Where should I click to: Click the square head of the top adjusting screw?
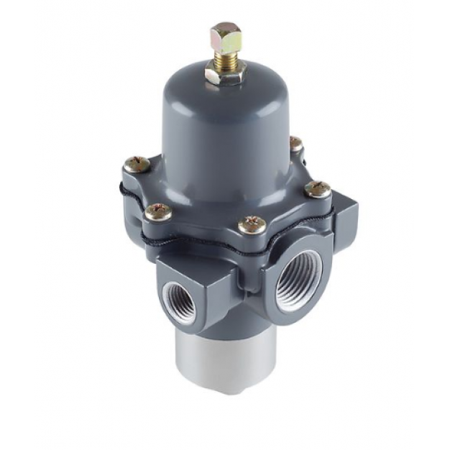point(226,37)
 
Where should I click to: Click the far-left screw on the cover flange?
point(136,164)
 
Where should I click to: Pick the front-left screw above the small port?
point(158,211)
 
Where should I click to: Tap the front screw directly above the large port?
point(252,224)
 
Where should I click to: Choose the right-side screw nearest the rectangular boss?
point(317,189)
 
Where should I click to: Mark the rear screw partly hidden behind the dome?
point(295,144)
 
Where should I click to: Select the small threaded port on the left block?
point(178,300)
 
